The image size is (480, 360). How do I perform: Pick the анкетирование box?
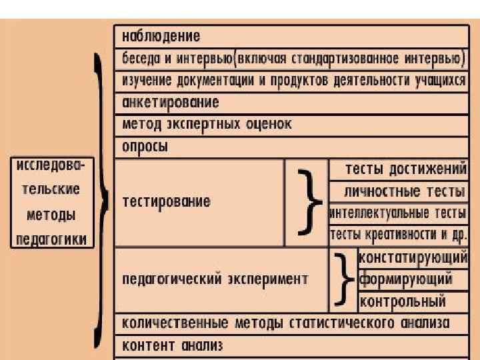coord(171,103)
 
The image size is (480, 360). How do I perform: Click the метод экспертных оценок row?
coord(207,125)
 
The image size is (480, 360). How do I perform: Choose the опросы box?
coord(145,146)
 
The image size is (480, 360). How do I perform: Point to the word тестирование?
coord(165,201)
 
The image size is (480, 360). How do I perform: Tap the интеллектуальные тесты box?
coord(398,213)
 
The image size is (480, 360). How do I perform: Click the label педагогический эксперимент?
coord(215,279)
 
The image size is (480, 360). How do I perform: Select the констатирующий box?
coord(413,257)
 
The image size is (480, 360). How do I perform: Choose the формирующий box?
coord(405,279)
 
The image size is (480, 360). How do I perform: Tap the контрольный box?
coord(403,301)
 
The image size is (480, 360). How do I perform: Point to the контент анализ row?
coord(172,345)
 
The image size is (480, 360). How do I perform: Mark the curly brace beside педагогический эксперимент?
coord(344,279)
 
